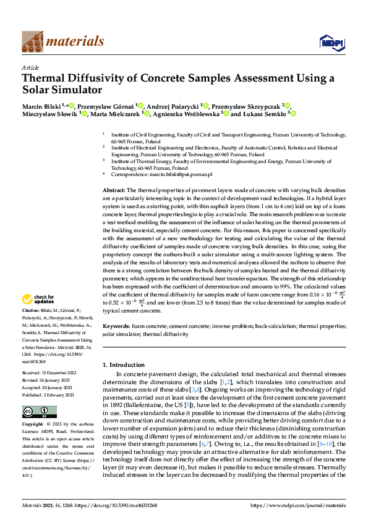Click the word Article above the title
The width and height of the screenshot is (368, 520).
30,67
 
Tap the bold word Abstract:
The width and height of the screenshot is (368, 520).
114,190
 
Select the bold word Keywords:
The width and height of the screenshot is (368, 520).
116,325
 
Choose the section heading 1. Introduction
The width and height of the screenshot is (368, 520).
127,364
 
